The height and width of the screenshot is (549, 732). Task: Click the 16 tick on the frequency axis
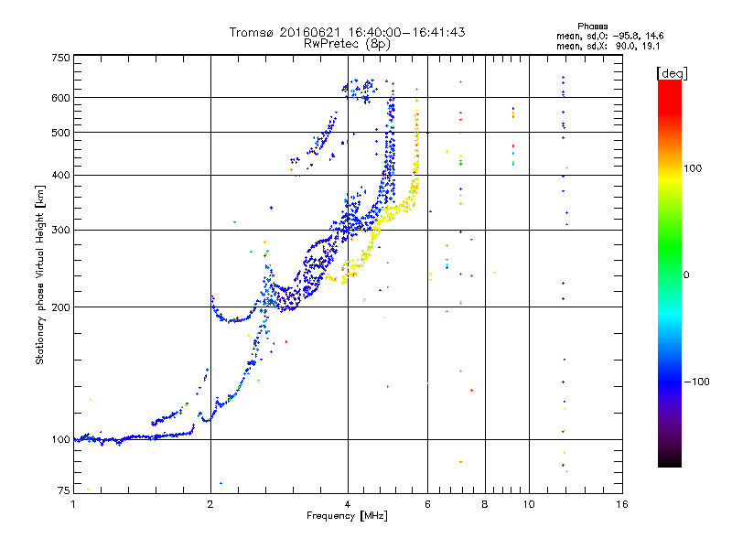(x=621, y=504)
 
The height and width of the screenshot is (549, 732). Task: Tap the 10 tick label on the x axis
(x=528, y=504)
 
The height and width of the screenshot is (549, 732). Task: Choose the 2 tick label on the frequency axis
(x=210, y=504)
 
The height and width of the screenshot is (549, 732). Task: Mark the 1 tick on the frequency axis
(x=73, y=504)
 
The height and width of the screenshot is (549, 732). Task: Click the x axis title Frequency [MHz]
(x=347, y=516)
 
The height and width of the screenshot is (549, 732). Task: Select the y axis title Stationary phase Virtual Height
(x=40, y=274)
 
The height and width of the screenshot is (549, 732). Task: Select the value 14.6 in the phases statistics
(x=655, y=35)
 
